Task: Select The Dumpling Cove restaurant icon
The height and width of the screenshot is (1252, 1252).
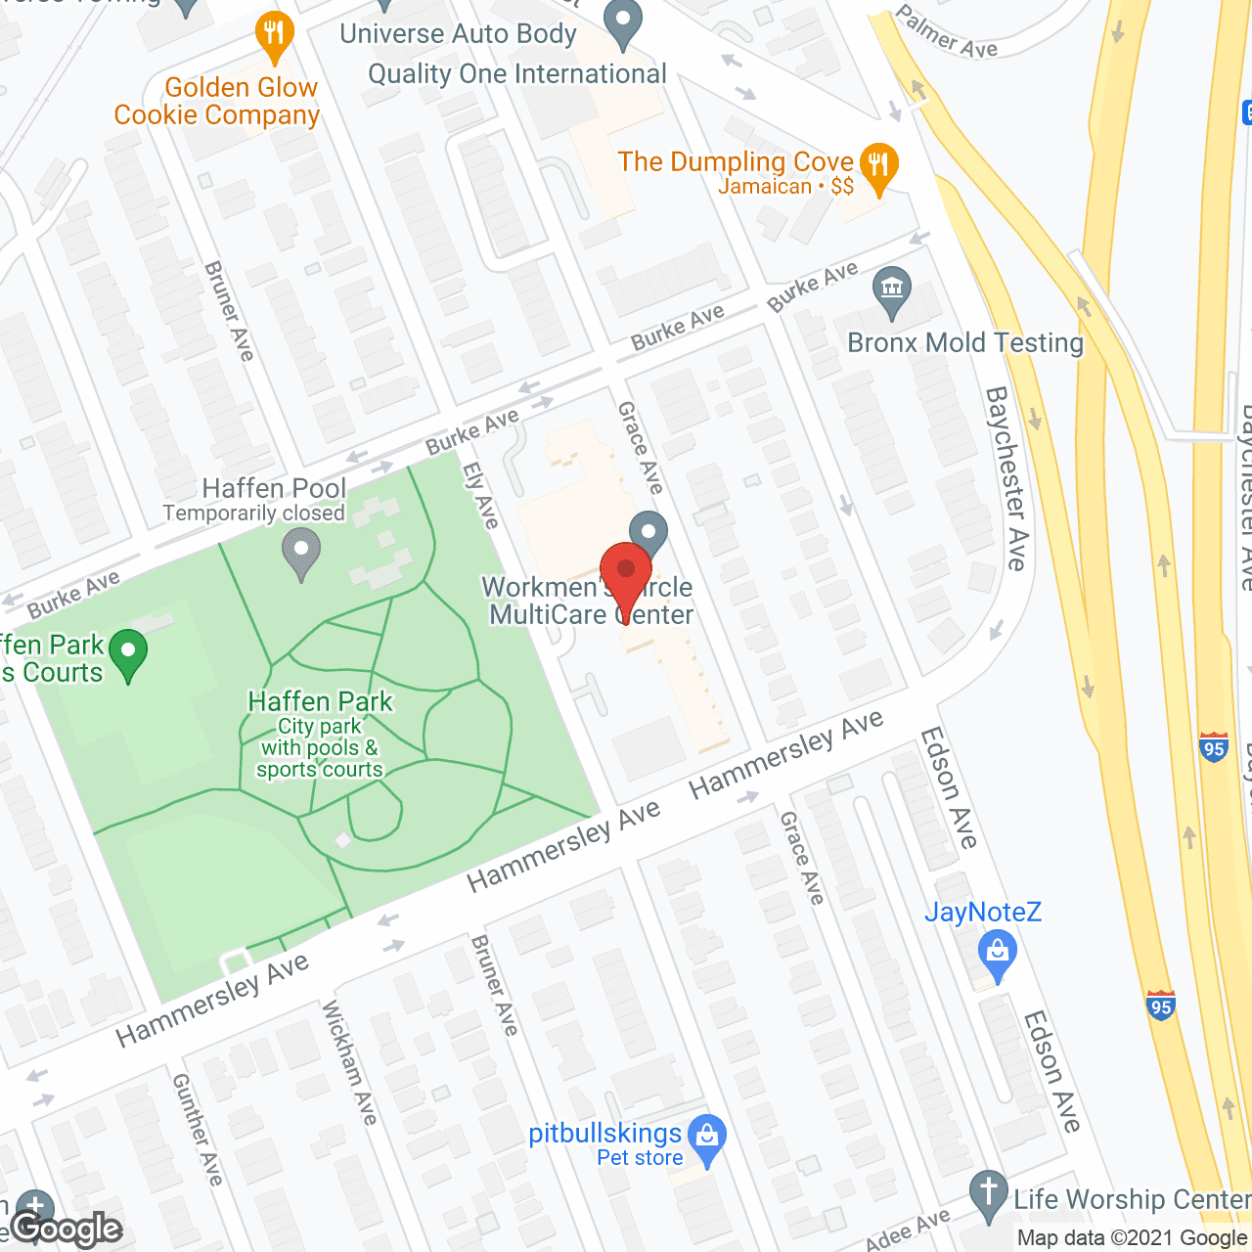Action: pyautogui.click(x=878, y=166)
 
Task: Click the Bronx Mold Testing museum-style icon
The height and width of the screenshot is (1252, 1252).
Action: pyautogui.click(x=891, y=291)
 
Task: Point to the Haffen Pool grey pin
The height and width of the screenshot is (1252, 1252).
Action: pyautogui.click(x=301, y=552)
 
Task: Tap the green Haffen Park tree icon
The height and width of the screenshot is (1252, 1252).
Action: pyautogui.click(x=128, y=653)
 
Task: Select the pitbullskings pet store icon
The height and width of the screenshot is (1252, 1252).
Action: pyautogui.click(x=706, y=1139)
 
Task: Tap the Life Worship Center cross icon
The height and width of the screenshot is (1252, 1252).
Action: pyautogui.click(x=988, y=1195)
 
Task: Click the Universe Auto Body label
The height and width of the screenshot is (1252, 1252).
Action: pyautogui.click(x=458, y=33)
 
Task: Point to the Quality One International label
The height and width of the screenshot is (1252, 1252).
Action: pyautogui.click(x=516, y=74)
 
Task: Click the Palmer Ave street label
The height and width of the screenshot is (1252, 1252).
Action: pyautogui.click(x=946, y=32)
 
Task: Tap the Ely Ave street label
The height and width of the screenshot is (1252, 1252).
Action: pyautogui.click(x=480, y=495)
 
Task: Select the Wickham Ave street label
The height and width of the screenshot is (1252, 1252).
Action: pyautogui.click(x=349, y=1061)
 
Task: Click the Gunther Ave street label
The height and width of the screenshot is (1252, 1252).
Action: pyautogui.click(x=198, y=1129)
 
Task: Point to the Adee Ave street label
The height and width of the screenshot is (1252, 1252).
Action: pyautogui.click(x=908, y=1230)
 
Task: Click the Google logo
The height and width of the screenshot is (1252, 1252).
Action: pyautogui.click(x=67, y=1229)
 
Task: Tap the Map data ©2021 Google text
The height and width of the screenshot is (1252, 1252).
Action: pyautogui.click(x=1133, y=1237)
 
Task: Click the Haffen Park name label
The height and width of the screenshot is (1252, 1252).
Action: pyautogui.click(x=320, y=701)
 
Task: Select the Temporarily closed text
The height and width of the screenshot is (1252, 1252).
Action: pyautogui.click(x=253, y=513)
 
